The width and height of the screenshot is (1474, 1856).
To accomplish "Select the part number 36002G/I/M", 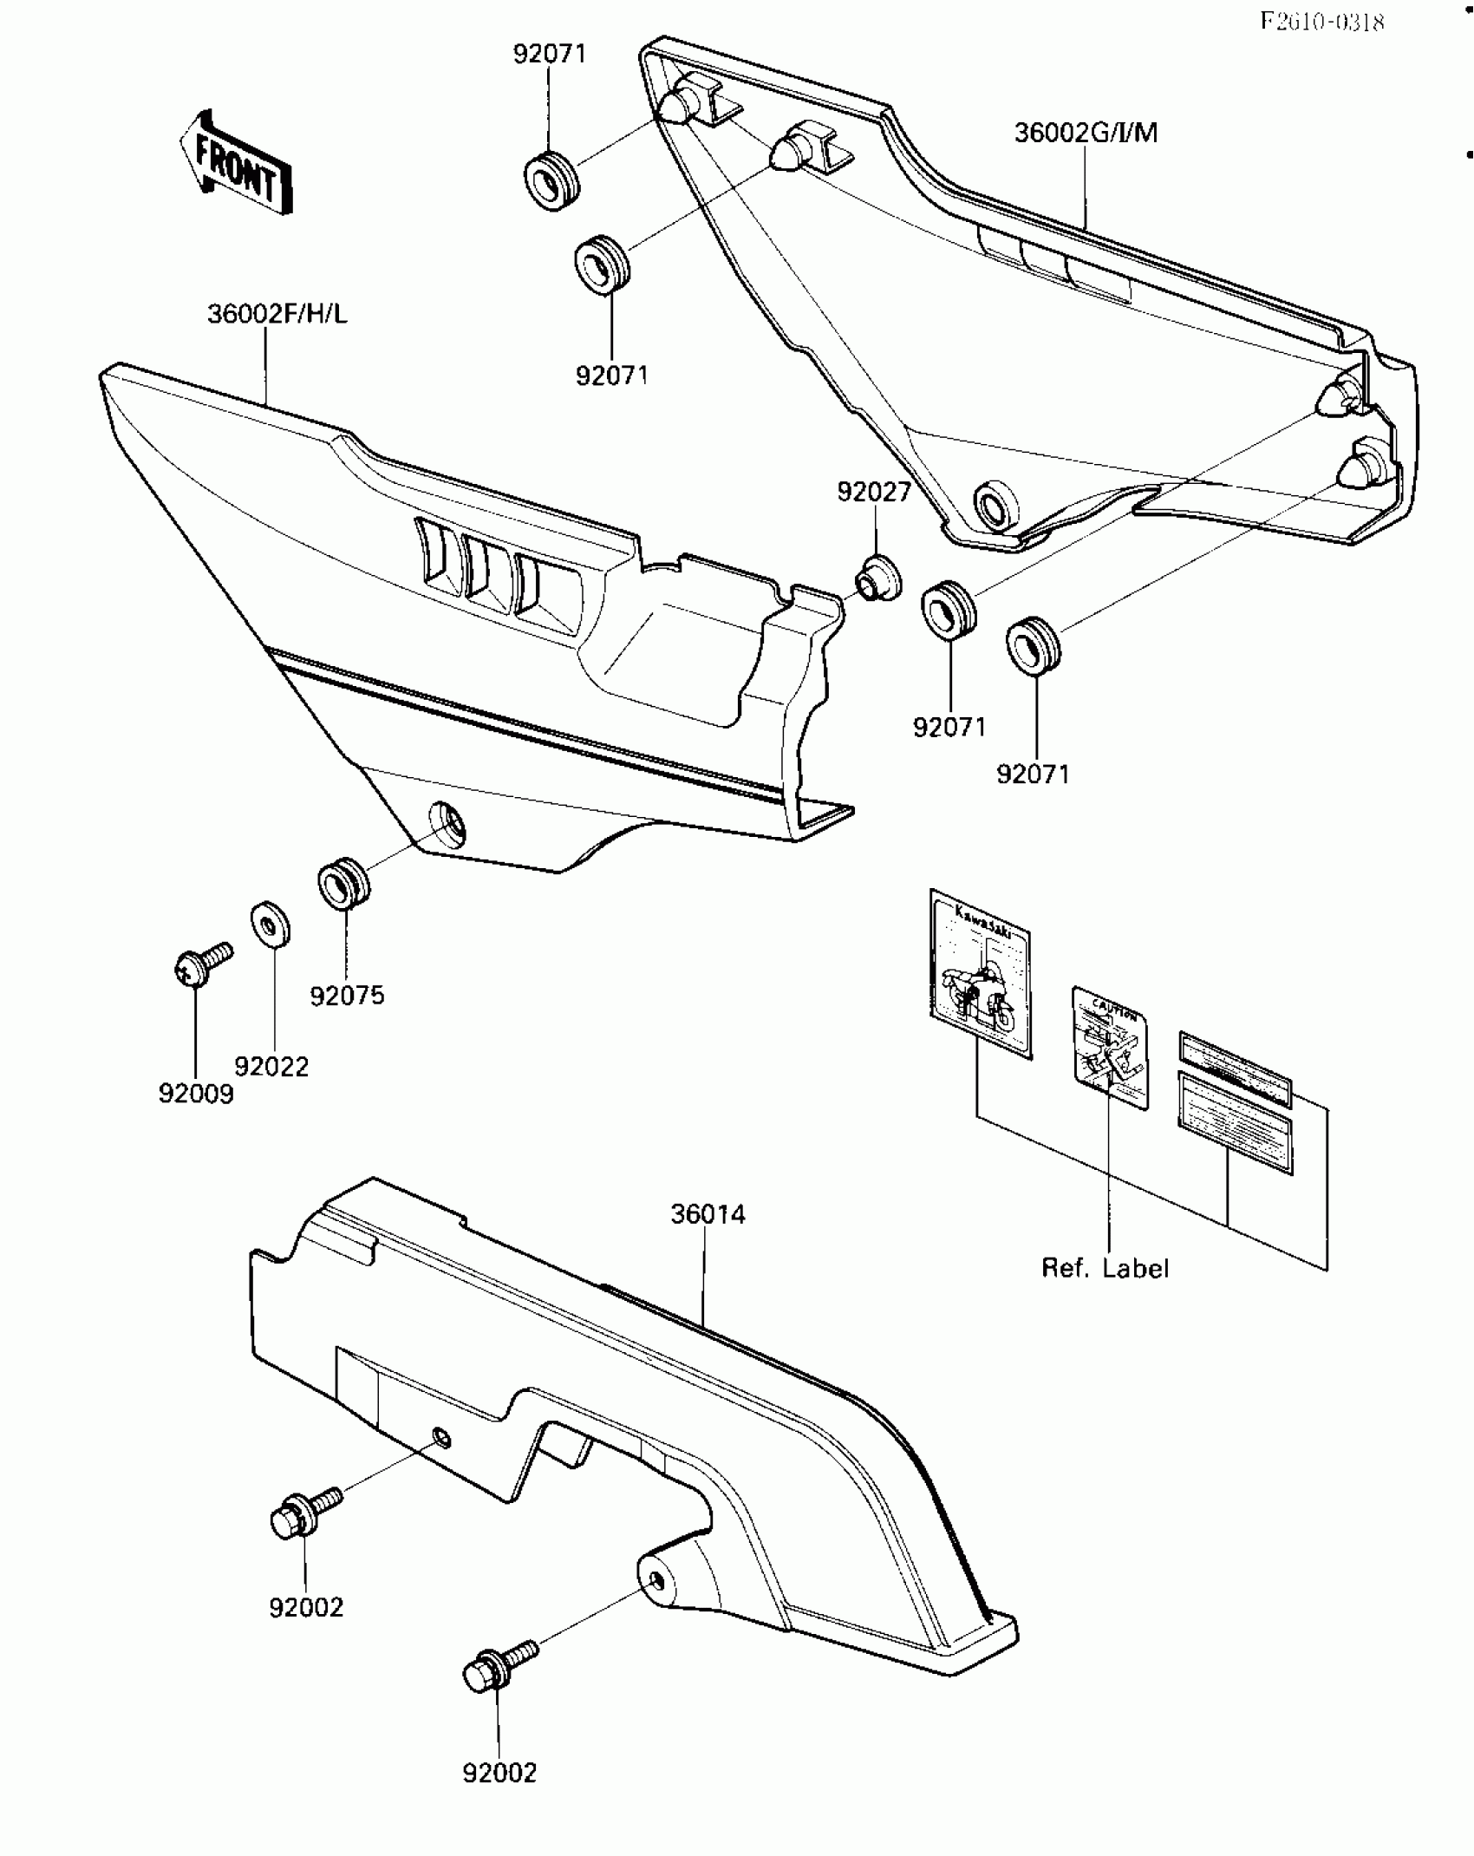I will click(1086, 134).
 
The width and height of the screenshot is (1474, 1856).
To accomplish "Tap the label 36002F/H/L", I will click(277, 314).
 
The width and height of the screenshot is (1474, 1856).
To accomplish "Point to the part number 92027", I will click(874, 492).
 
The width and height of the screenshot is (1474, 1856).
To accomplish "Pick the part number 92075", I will click(347, 996).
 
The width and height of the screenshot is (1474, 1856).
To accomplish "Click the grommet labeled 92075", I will click(343, 883).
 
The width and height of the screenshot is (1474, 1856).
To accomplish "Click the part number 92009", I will click(196, 1094).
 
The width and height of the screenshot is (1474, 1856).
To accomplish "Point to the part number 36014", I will click(708, 1214).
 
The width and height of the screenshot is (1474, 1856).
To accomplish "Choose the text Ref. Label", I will click(1105, 1269).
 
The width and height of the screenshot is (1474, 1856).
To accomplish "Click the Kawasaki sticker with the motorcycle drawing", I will click(980, 973).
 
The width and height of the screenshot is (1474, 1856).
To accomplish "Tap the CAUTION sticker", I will click(1111, 1048).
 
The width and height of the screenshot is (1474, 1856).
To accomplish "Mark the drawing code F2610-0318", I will click(1321, 22).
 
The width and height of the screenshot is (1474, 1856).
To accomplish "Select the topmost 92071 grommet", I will click(551, 180).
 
